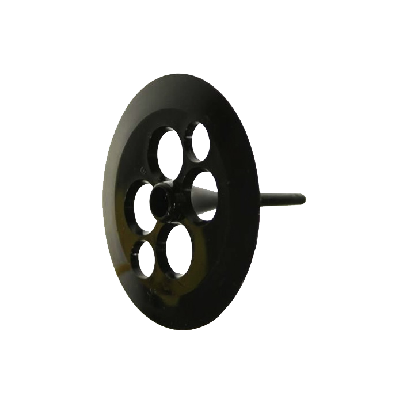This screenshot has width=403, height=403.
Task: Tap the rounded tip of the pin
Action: click(x=303, y=199)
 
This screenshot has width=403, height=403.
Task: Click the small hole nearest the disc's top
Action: click(x=200, y=141)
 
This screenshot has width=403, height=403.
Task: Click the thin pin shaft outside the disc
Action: click(x=276, y=199)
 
